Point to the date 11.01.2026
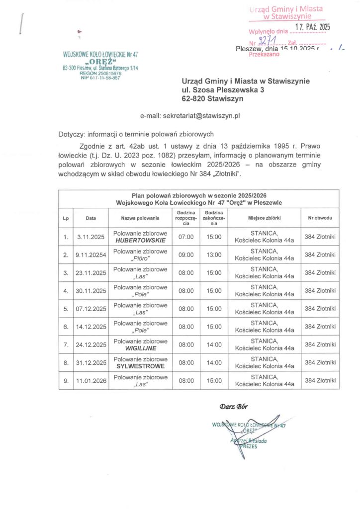pyautogui.click(x=90, y=381)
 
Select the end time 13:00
pyautogui.click(x=214, y=255)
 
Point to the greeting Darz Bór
pyautogui.click(x=233, y=407)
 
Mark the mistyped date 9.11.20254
pyautogui.click(x=90, y=255)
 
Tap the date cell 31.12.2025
pyautogui.click(x=90, y=362)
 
